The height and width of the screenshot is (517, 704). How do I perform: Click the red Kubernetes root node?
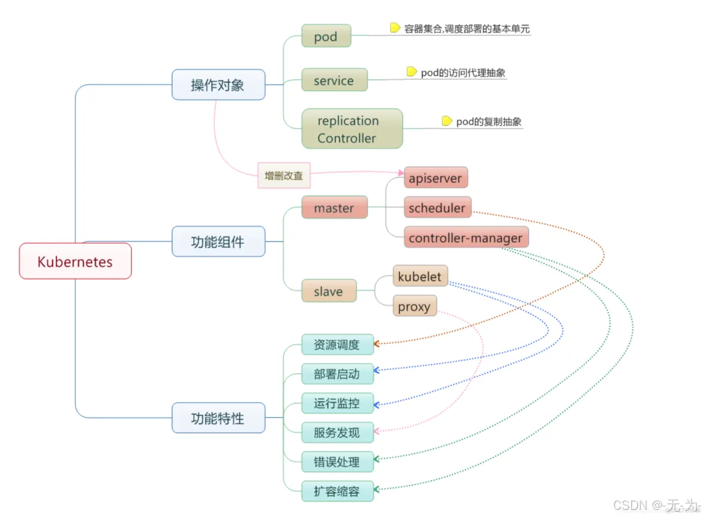75,261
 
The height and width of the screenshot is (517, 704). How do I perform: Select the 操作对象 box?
218,84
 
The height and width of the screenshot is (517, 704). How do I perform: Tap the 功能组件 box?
218,242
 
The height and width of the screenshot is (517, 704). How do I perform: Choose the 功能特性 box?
218,418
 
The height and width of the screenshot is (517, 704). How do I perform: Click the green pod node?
326,36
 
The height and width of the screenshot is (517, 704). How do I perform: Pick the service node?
334,80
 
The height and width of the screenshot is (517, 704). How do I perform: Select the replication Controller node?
351,129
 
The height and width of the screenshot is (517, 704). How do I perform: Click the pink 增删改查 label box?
284,176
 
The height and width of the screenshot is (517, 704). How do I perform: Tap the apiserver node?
435,178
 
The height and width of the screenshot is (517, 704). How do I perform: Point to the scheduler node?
437,208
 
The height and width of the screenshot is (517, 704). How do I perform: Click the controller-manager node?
466,238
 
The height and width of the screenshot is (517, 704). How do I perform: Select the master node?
334,208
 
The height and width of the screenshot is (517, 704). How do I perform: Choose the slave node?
328,291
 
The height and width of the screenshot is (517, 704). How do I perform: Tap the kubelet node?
420,277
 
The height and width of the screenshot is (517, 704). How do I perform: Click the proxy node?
414,306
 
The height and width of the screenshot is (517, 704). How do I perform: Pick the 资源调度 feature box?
337,344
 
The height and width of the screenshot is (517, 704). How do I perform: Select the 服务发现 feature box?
337,433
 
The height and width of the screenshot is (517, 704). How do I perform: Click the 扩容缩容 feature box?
337,491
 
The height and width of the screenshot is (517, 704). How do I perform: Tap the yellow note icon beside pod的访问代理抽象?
411,72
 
